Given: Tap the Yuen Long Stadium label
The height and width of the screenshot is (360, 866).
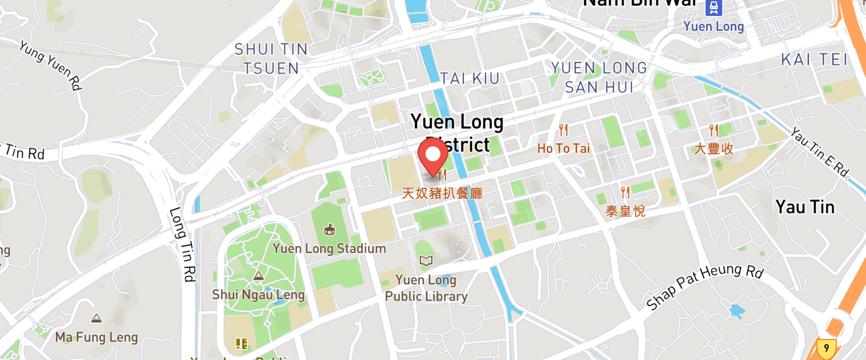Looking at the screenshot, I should coord(329,248).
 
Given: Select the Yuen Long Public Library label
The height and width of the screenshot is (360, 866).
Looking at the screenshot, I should coord(426,288).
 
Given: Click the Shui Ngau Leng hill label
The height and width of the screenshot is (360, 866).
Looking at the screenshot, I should coord(258,294).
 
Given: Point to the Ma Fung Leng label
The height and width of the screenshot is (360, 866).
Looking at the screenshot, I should coord(96,337).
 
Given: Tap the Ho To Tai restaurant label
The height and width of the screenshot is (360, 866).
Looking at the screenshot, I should coord(563,149).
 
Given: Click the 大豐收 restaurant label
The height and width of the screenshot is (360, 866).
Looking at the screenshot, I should coord(713,149).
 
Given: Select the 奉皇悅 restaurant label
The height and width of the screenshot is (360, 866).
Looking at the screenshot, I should coord(625,211).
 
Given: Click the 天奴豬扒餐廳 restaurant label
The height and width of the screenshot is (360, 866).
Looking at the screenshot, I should coord(442,193).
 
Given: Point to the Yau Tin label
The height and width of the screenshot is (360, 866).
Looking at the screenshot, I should coord(805,207).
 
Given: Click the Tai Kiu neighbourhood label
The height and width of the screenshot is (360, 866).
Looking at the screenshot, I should coord(470,78).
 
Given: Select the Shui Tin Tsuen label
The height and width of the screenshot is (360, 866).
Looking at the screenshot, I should coord(271,59).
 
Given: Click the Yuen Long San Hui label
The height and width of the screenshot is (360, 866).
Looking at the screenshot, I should coord(599,77).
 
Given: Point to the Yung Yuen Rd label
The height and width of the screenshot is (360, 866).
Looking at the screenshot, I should coord(50,66).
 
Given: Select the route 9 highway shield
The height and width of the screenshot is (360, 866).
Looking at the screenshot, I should coord(826,347).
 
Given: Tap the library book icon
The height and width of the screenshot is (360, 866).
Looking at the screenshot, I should coord(426,261).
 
